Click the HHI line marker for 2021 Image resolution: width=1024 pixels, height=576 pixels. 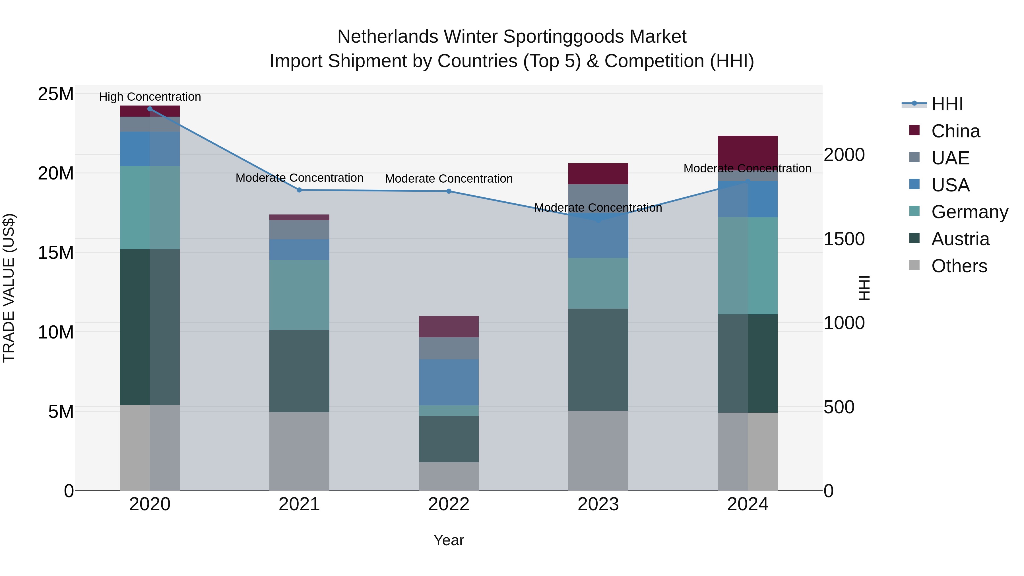click(299, 190)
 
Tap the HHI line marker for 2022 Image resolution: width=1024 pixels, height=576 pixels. click(449, 191)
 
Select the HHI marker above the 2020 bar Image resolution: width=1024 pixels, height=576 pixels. click(150, 109)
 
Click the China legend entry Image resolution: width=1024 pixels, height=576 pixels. click(955, 131)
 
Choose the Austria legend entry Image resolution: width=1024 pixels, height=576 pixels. click(960, 239)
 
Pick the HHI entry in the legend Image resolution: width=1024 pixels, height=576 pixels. click(947, 104)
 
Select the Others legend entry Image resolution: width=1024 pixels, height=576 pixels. click(959, 266)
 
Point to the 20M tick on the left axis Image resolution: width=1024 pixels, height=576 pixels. click(56, 173)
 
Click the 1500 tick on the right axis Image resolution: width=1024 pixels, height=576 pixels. click(844, 239)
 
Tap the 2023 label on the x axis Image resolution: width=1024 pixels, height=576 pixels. click(598, 504)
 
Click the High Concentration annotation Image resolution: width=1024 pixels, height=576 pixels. click(150, 97)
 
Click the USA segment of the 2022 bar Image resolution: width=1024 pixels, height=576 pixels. click(449, 382)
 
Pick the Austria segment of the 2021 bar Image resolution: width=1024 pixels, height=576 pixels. click(299, 371)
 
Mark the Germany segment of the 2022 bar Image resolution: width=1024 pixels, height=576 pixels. click(449, 411)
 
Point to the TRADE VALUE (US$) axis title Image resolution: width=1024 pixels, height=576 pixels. click(9, 288)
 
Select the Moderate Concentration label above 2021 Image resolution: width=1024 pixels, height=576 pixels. click(299, 178)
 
